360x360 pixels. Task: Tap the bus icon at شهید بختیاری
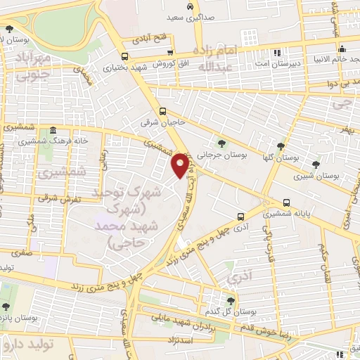(x=124, y=57)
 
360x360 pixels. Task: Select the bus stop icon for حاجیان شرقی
(x=162, y=110)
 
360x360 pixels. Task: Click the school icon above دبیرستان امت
(x=277, y=51)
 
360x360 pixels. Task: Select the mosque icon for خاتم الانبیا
(x=342, y=49)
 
